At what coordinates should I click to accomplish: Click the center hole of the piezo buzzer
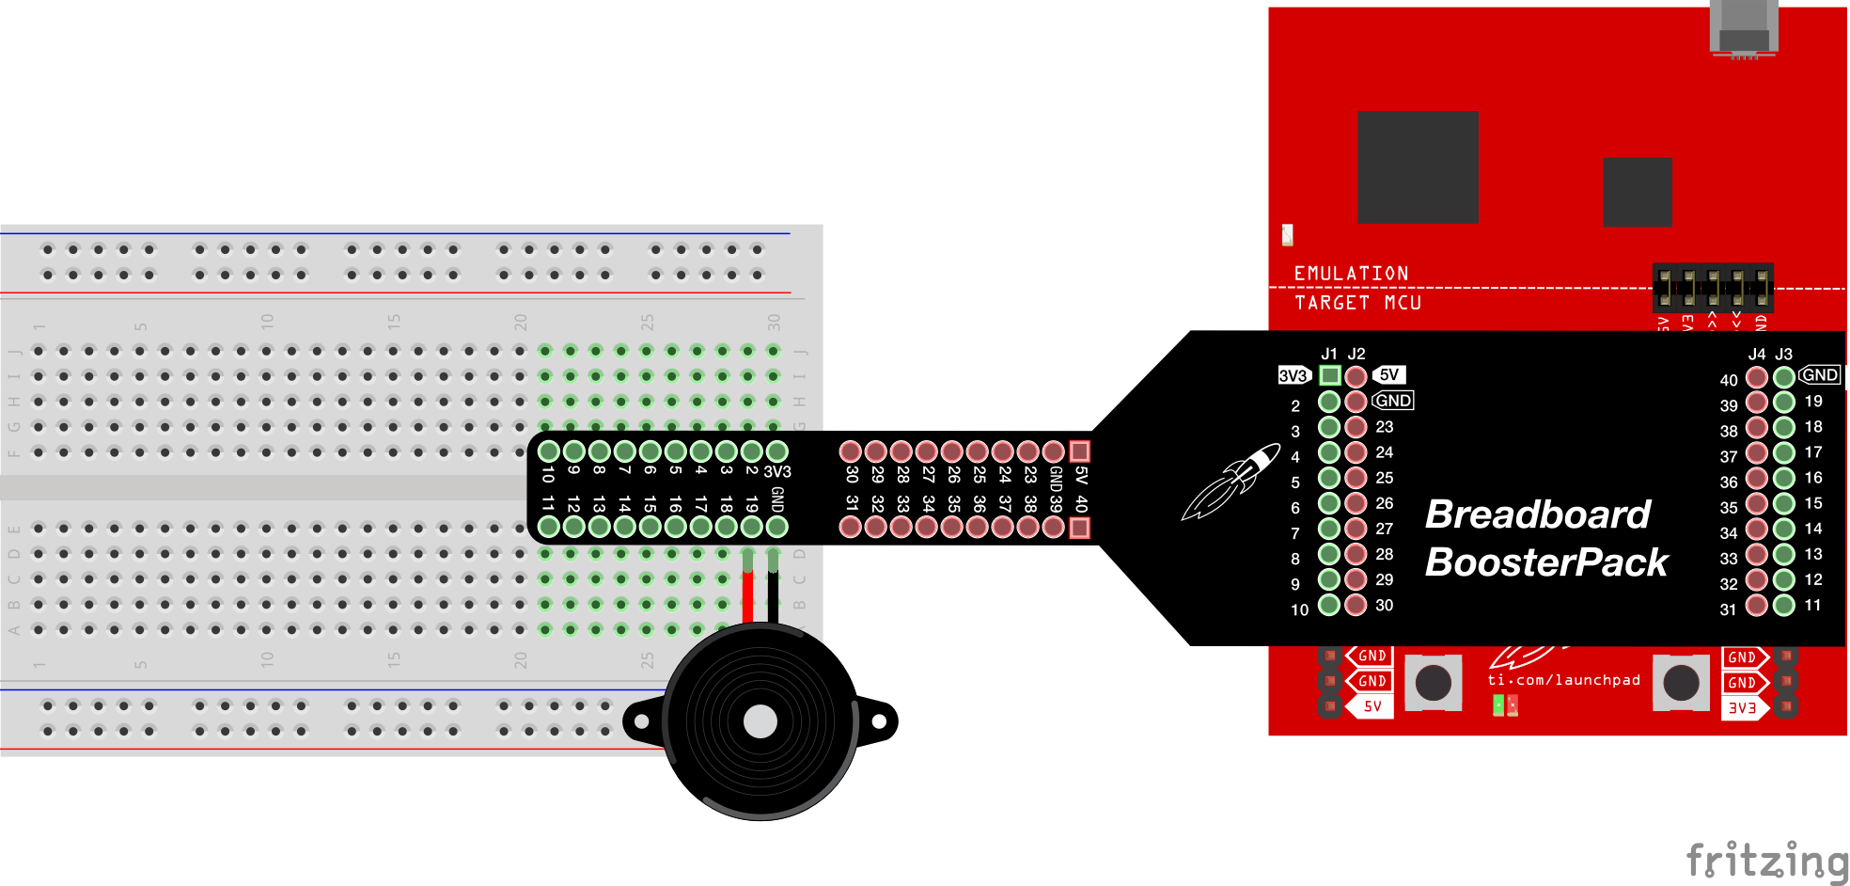point(760,721)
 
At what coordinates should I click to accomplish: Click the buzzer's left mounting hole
point(642,721)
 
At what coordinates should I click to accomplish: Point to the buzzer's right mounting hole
point(879,721)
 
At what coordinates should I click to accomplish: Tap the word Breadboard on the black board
point(1537,514)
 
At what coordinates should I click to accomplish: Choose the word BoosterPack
point(1546,562)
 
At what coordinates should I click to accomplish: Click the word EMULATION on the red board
point(1351,274)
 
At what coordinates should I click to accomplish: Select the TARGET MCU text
point(1357,303)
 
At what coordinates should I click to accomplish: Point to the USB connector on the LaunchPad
point(1744,28)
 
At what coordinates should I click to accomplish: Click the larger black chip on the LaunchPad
point(1418,166)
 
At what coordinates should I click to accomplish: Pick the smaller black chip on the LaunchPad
point(1638,192)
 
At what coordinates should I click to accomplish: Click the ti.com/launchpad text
point(1563,680)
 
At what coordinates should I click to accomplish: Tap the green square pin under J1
point(1329,376)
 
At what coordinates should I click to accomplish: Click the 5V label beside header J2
point(1389,375)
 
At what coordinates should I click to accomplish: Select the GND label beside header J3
point(1819,375)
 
